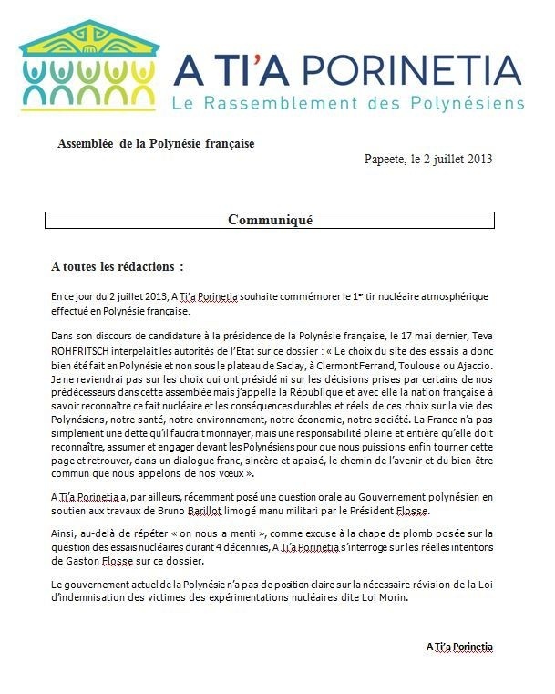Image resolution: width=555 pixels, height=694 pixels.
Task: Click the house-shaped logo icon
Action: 87,62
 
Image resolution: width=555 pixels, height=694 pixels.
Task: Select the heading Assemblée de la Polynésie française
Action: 156,144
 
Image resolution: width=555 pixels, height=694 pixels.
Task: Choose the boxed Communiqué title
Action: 270,220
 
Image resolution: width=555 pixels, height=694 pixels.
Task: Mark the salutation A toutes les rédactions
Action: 118,267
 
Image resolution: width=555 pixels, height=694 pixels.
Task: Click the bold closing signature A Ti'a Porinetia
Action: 459,647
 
